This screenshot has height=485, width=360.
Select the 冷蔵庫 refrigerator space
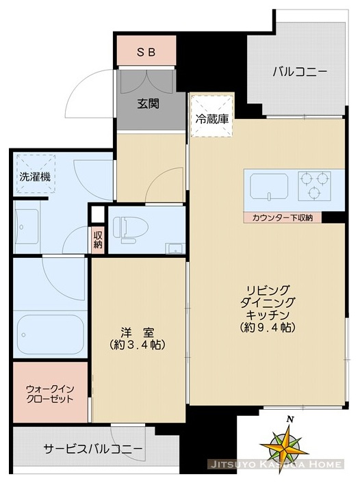212,118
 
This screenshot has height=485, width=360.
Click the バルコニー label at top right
299,71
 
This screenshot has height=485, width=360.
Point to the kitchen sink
268,185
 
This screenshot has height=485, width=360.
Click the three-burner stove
314,185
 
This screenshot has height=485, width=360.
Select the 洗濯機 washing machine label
33,176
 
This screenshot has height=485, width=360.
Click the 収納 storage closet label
98,239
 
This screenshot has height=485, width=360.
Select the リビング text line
269,290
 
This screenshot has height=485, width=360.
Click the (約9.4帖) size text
269,328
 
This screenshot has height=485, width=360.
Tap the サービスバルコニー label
94,449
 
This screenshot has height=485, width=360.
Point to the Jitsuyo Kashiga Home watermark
275,465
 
